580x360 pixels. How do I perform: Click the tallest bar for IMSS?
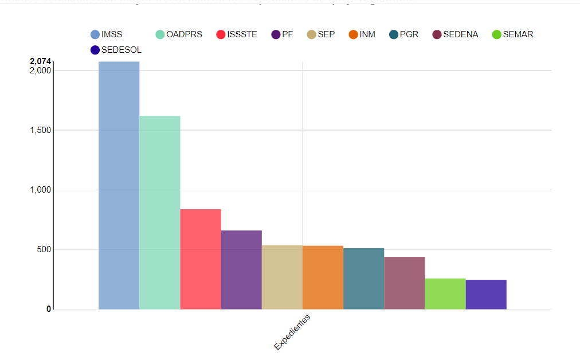(119, 185)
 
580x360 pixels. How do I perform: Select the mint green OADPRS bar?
(160, 213)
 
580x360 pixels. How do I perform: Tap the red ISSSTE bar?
(201, 259)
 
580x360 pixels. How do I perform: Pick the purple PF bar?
(241, 270)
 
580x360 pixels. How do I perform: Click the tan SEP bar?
(282, 277)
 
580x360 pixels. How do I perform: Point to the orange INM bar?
(323, 277)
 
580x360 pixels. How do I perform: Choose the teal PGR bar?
(363, 279)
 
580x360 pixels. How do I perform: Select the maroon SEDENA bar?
(404, 283)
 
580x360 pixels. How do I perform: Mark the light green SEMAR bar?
(445, 294)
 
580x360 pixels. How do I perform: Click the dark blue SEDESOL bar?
(486, 295)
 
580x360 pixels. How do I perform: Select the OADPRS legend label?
(184, 34)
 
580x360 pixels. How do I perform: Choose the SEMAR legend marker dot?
(497, 34)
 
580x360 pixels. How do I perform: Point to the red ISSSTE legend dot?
(221, 34)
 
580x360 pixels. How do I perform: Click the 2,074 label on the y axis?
(40, 61)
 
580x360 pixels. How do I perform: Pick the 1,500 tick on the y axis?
(40, 130)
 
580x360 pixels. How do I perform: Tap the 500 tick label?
(44, 249)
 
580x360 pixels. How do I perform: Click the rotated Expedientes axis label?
(292, 332)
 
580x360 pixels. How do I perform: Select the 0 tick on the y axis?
(49, 309)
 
